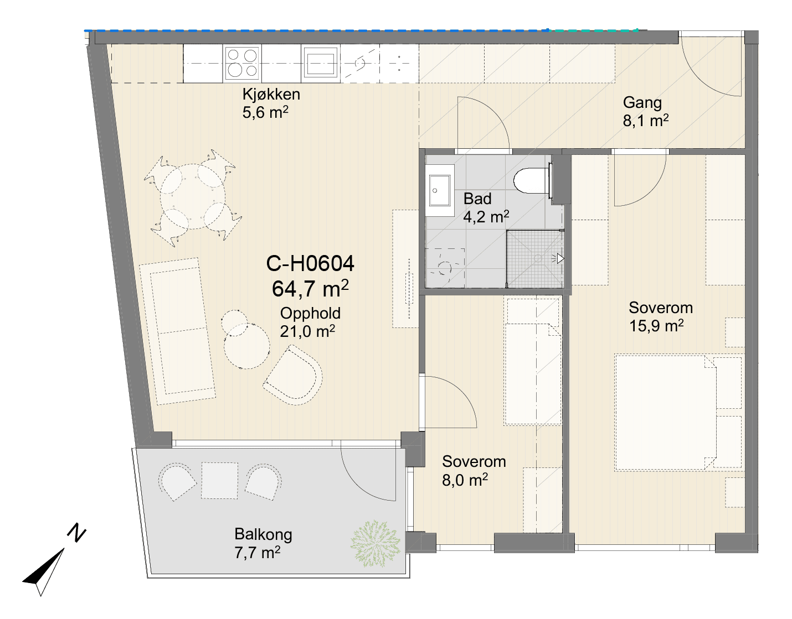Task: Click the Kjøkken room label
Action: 271,95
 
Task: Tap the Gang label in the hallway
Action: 642,103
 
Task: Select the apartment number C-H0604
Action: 310,263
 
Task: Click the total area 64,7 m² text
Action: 310,289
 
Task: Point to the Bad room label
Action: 477,199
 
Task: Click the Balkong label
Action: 263,534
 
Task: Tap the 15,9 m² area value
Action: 656,326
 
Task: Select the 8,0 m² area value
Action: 465,480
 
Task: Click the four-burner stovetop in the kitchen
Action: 242,63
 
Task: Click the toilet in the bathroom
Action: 532,181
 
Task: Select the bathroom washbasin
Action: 440,190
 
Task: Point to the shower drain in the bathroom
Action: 538,258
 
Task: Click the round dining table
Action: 193,196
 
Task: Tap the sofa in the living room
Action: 177,331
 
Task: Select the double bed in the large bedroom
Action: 678,412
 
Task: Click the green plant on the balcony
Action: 376,544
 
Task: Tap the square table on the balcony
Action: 219,480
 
